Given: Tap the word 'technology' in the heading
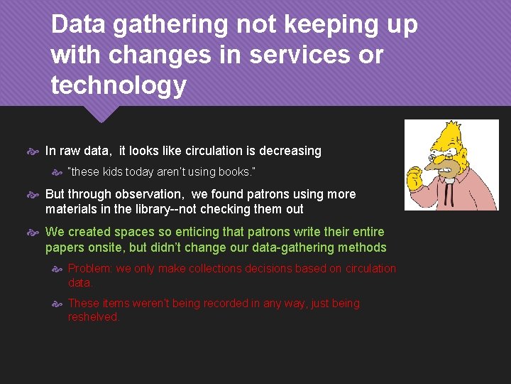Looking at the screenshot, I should click(x=119, y=85).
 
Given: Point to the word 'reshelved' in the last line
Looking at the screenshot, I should click(x=94, y=317).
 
